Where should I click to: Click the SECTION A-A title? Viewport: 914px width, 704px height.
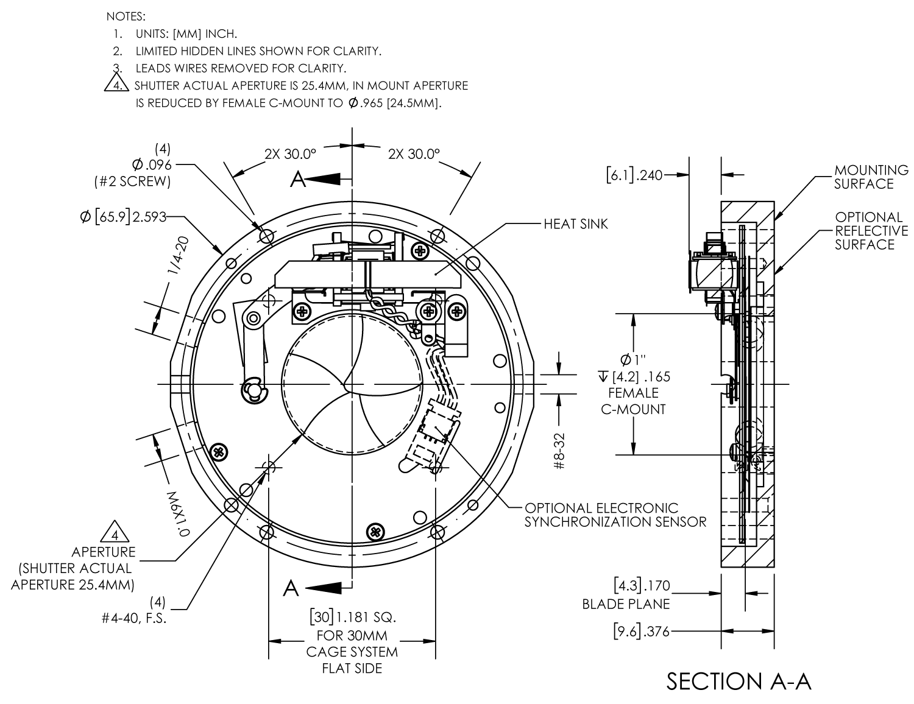739,681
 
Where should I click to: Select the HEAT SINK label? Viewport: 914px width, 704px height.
575,224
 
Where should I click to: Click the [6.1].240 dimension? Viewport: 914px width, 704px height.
634,175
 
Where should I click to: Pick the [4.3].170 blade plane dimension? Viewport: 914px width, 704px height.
641,586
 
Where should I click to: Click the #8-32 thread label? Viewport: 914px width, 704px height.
560,451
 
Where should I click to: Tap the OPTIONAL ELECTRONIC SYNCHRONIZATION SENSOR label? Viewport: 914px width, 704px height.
615,515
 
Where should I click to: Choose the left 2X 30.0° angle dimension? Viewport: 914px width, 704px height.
290,155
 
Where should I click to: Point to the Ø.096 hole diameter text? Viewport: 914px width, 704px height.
152,164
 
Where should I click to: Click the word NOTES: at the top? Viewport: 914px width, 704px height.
126,16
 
